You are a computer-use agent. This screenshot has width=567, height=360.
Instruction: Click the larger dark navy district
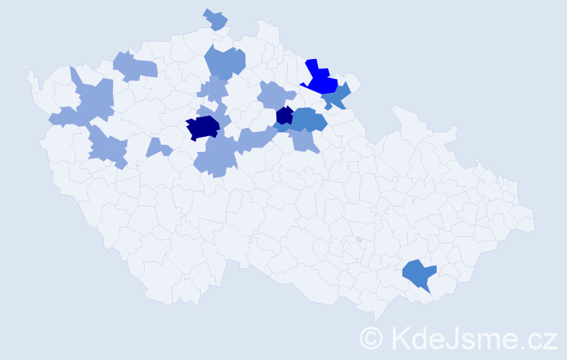pyautogui.click(x=202, y=127)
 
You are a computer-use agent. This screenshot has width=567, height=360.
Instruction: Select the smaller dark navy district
pyautogui.click(x=284, y=115)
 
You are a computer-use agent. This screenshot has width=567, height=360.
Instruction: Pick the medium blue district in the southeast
pyautogui.click(x=418, y=274)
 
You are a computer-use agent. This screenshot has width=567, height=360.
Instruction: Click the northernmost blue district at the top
pyautogui.click(x=215, y=19)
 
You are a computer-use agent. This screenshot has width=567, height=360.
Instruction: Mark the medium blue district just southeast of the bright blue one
pyautogui.click(x=337, y=96)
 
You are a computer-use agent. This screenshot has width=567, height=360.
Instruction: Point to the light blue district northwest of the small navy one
pyautogui.click(x=276, y=94)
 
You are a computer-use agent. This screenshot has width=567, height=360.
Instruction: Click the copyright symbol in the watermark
pyautogui.click(x=371, y=337)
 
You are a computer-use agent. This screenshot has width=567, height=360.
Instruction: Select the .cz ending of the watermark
pyautogui.click(x=538, y=337)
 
